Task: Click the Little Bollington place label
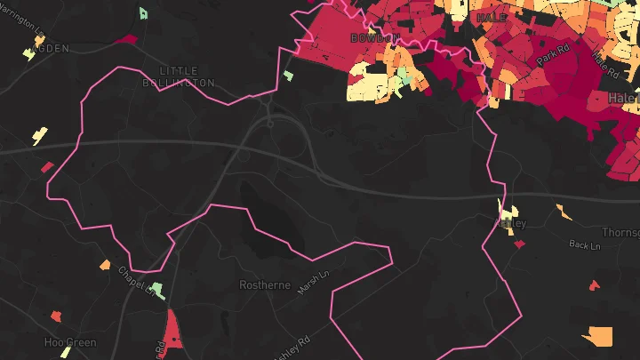pos(178,76)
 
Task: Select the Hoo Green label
pos(70,342)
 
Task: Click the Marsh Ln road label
pos(314,284)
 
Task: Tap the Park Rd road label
pos(551,54)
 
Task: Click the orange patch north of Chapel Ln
pos(105,265)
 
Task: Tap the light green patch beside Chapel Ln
pos(157,290)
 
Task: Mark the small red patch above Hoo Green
pos(56,316)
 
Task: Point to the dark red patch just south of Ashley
pos(518,244)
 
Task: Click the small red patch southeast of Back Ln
pos(594,285)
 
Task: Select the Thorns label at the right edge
pos(620,232)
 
